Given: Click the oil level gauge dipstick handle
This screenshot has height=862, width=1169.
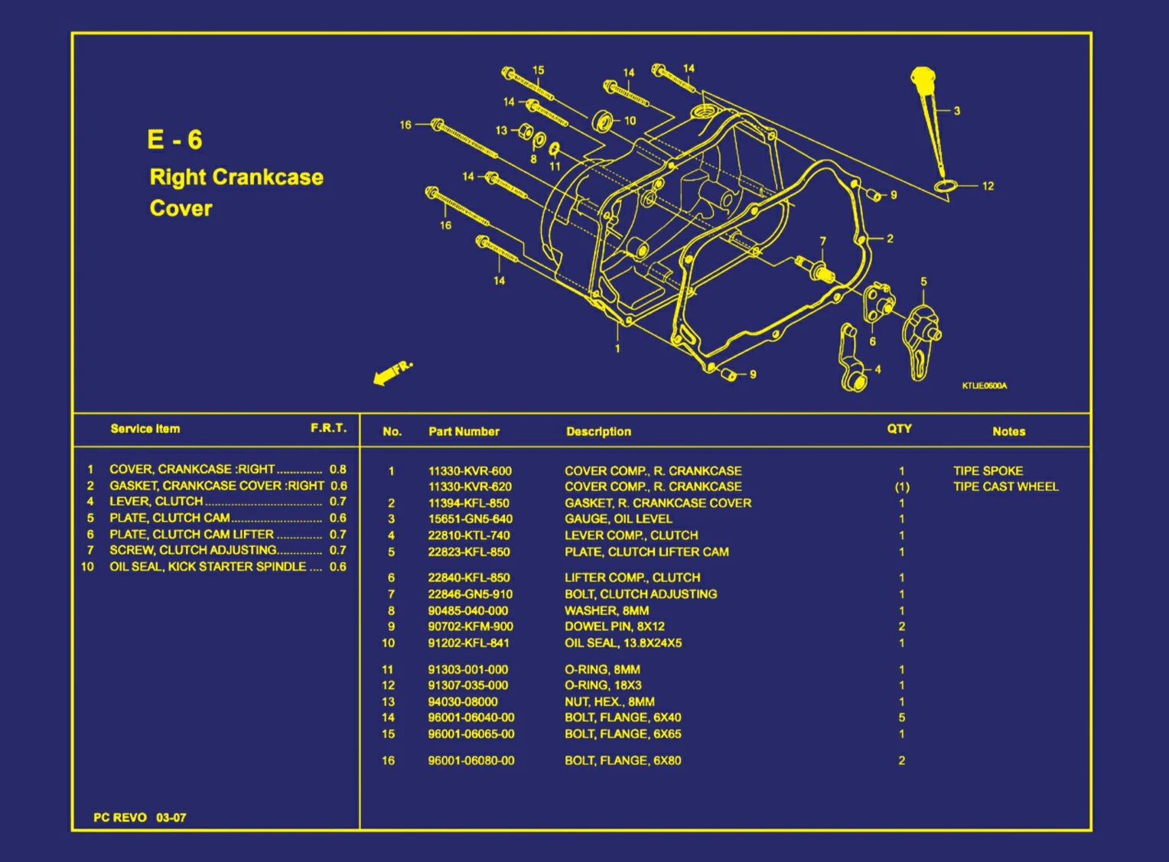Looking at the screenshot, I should [923, 78].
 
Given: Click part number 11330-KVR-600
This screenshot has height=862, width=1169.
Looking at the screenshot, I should [470, 471].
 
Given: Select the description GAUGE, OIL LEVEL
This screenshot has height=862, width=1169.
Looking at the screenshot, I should [618, 519].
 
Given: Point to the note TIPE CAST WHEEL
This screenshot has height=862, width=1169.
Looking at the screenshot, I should [1005, 486].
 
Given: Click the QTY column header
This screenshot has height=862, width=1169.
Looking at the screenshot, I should [899, 429].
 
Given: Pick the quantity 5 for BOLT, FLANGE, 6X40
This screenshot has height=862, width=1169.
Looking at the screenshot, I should [901, 717].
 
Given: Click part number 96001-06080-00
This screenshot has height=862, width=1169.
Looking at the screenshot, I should [471, 760].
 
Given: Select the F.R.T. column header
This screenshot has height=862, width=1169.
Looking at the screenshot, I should [328, 428].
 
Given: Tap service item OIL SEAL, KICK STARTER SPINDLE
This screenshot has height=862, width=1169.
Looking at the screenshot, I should [207, 567].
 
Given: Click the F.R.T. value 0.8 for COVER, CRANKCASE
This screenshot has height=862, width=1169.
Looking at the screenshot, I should [337, 470].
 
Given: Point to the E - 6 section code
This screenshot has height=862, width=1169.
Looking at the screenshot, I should [174, 140].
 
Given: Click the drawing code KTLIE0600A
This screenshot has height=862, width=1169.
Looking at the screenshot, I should [984, 386].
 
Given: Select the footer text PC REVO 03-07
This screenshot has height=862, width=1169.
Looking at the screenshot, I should [139, 818].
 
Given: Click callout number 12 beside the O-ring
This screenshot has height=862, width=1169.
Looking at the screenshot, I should [988, 186].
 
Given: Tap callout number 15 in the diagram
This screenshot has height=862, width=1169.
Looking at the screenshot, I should [538, 70].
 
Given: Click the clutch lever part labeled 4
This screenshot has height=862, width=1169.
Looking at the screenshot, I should [851, 359].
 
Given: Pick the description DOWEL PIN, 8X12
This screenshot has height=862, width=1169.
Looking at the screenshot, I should [614, 626].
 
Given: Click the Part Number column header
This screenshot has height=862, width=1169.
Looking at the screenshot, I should [464, 431].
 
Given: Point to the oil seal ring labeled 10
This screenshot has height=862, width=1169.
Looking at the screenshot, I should [604, 121].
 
